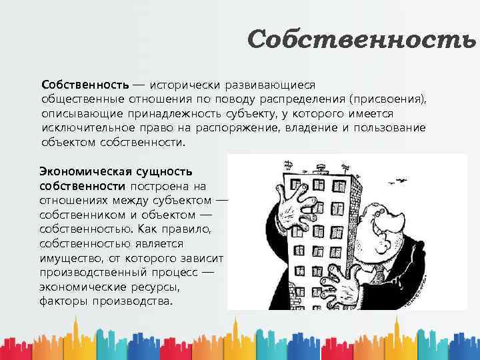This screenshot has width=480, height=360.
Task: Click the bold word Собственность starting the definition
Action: tap(85, 85)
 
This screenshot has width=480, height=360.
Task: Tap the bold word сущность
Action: tap(169, 171)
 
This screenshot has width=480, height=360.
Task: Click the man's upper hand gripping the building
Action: tap(293, 204)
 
